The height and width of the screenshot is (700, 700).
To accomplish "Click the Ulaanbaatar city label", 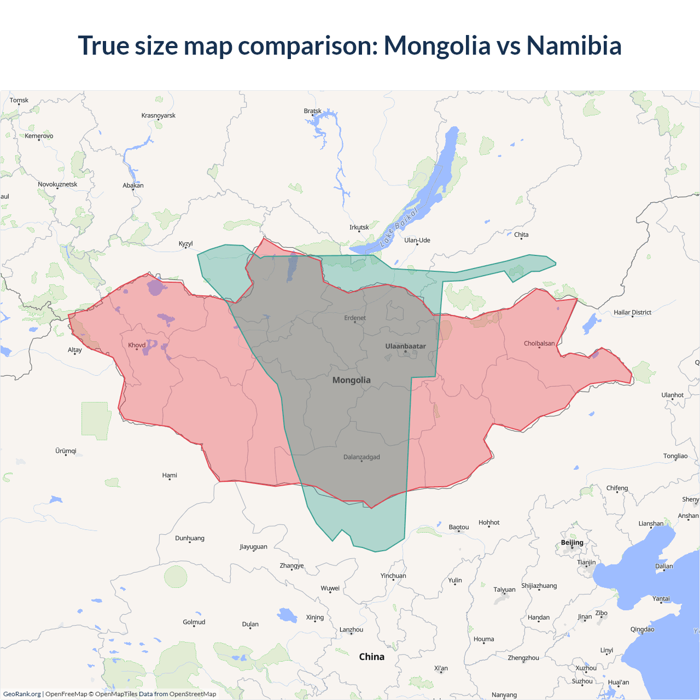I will (x=405, y=346).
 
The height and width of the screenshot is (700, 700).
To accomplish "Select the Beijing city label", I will (x=572, y=542).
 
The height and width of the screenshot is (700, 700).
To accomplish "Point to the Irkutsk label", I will (x=359, y=227).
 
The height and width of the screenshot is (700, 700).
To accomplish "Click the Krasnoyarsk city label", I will (x=159, y=115).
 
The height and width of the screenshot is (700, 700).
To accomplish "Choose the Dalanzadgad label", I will (x=361, y=457).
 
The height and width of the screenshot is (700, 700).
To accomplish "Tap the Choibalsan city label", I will (x=539, y=343).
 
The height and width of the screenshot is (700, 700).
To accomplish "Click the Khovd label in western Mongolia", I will (x=137, y=345).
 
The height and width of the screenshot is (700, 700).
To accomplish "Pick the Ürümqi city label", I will (x=66, y=451).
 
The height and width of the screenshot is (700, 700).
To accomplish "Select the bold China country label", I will (x=372, y=657).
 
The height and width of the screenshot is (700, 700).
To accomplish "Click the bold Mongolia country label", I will (x=352, y=380).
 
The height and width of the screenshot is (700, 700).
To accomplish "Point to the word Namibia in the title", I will (x=574, y=45).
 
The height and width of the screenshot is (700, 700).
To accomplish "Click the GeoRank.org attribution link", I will (x=22, y=694).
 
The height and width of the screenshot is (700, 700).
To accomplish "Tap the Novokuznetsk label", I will (x=57, y=184).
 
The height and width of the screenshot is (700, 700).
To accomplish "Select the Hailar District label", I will (x=632, y=312).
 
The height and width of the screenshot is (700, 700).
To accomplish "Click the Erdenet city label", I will (x=355, y=318).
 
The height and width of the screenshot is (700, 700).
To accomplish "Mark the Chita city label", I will (x=521, y=235).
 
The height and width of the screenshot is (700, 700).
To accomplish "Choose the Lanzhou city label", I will (x=351, y=629).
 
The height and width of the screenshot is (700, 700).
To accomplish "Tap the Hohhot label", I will (x=489, y=522).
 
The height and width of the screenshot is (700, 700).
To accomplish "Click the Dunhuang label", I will (x=190, y=538).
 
